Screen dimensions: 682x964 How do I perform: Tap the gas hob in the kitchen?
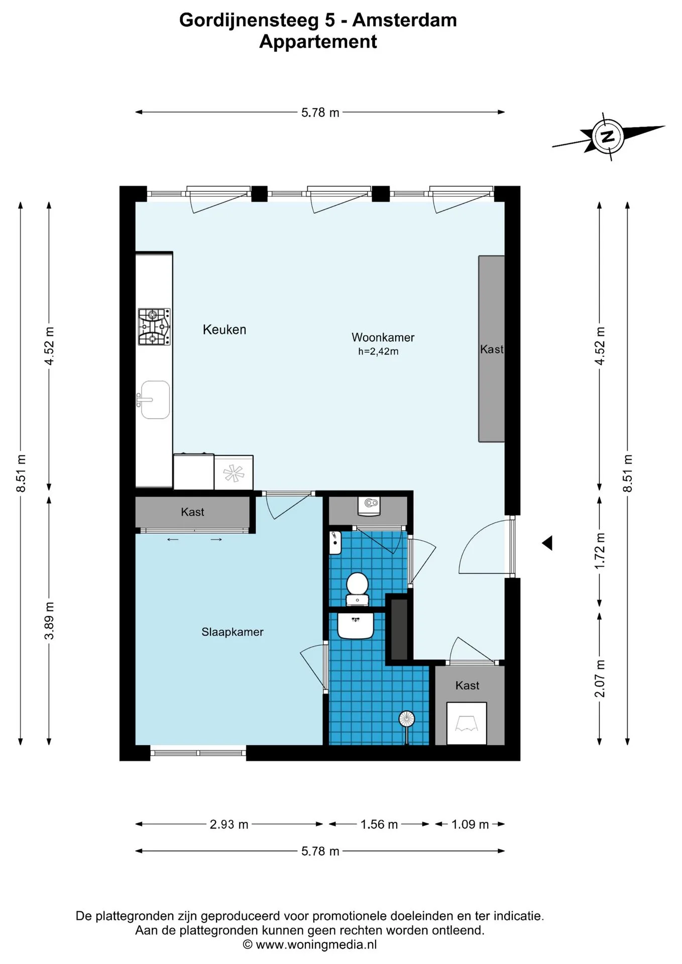tap(154, 327)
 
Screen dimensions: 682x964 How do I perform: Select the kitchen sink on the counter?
tap(155, 400)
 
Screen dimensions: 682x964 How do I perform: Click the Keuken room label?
tap(224, 330)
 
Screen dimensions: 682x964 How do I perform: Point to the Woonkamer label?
tap(383, 337)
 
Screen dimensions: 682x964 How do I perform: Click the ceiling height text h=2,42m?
tap(378, 351)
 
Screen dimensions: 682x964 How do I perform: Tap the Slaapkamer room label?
tap(233, 632)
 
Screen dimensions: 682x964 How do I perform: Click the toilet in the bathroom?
tap(358, 588)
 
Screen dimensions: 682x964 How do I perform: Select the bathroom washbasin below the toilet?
tap(356, 625)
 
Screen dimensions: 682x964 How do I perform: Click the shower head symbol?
tap(406, 719)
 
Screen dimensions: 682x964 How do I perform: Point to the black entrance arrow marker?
tap(547, 543)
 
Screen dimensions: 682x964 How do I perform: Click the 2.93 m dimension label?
tap(229, 824)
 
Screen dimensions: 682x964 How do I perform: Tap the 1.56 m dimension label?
tap(379, 824)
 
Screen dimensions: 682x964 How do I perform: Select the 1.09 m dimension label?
tap(470, 824)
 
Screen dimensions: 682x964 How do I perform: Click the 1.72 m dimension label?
tap(600, 551)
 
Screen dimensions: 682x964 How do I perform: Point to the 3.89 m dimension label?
tap(49, 621)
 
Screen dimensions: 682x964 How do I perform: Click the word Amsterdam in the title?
tap(405, 20)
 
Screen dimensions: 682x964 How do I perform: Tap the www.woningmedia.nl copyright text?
tap(316, 944)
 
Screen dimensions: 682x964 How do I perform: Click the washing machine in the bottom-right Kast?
tap(467, 723)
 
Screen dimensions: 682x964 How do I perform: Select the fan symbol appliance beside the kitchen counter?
tap(234, 472)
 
